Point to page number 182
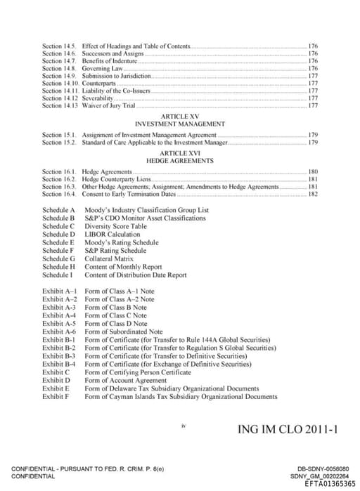click(313, 194)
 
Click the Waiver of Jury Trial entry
click(108, 106)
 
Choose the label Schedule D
click(58, 235)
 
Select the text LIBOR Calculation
click(112, 235)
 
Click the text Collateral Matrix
click(109, 259)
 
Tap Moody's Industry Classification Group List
click(146, 210)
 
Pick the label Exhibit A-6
click(58, 332)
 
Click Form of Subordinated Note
click(123, 332)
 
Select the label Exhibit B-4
click(58, 364)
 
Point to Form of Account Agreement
click(124, 380)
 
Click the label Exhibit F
click(56, 396)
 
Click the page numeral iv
click(183, 424)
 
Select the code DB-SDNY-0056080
click(323, 469)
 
